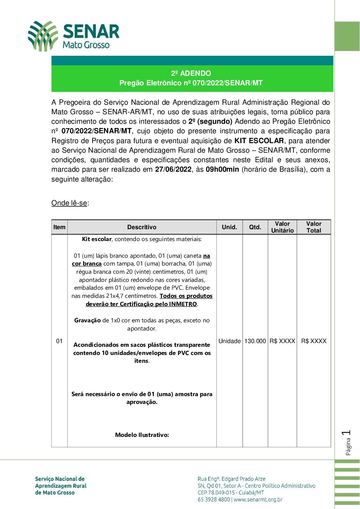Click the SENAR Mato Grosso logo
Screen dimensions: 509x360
click(73, 36)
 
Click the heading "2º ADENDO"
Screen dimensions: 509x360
click(191, 73)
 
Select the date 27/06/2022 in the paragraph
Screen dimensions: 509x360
click(173, 169)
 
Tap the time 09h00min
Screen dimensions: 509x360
click(222, 169)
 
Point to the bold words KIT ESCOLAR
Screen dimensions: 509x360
click(259, 141)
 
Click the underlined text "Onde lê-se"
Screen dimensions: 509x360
click(69, 203)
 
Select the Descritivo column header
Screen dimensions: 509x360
click(142, 227)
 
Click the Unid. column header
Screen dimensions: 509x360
click(229, 227)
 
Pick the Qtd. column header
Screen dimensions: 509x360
click(255, 227)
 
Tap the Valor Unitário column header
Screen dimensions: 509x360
click(282, 227)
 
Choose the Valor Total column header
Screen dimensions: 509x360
click(314, 227)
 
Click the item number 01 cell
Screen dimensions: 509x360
click(60, 341)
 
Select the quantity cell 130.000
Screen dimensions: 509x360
click(255, 341)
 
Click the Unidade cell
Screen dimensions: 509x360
click(229, 341)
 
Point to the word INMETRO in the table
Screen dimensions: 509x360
click(183, 304)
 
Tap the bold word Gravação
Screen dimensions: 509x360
click(87, 320)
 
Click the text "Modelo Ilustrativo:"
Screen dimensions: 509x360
click(142, 435)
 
